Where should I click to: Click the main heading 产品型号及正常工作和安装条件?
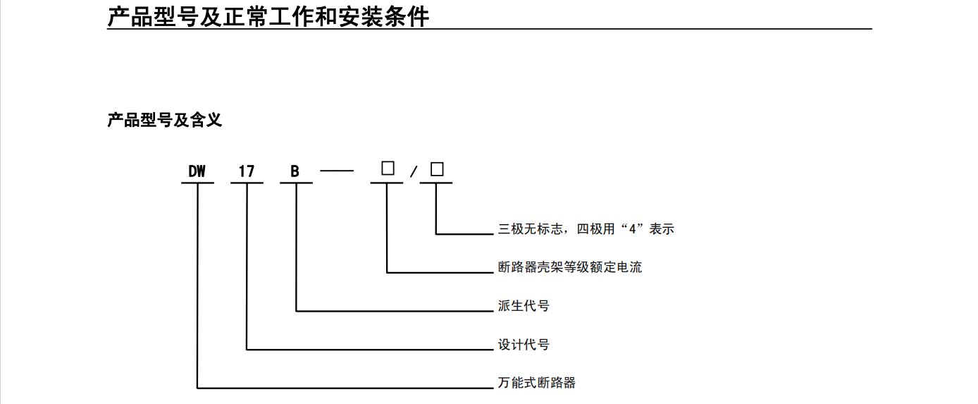pyautogui.click(x=268, y=17)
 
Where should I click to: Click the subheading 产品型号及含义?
pyautogui.click(x=165, y=120)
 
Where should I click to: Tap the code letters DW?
pyautogui.click(x=197, y=171)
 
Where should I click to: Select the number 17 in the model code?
pyautogui.click(x=247, y=171)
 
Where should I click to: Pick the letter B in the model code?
pyautogui.click(x=295, y=171)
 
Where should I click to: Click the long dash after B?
pyautogui.click(x=337, y=171)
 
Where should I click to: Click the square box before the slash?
pyautogui.click(x=388, y=168)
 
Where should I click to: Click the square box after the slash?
pyautogui.click(x=437, y=169)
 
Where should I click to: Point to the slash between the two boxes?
pyautogui.click(x=413, y=171)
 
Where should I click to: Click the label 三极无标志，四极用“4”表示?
pyautogui.click(x=586, y=229)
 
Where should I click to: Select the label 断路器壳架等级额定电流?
pyautogui.click(x=570, y=267)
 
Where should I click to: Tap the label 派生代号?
pyautogui.click(x=524, y=306)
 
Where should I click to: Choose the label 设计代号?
pyautogui.click(x=524, y=345)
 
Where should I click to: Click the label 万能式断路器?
pyautogui.click(x=537, y=383)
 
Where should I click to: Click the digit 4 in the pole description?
pyautogui.click(x=632, y=229)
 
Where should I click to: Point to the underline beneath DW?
pyautogui.click(x=197, y=183)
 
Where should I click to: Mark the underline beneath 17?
pyautogui.click(x=247, y=183)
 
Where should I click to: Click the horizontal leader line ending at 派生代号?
pyautogui.click(x=395, y=311)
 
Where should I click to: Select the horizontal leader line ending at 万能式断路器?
pyautogui.click(x=345, y=388)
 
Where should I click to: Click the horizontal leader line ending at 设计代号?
pyautogui.click(x=370, y=350)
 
